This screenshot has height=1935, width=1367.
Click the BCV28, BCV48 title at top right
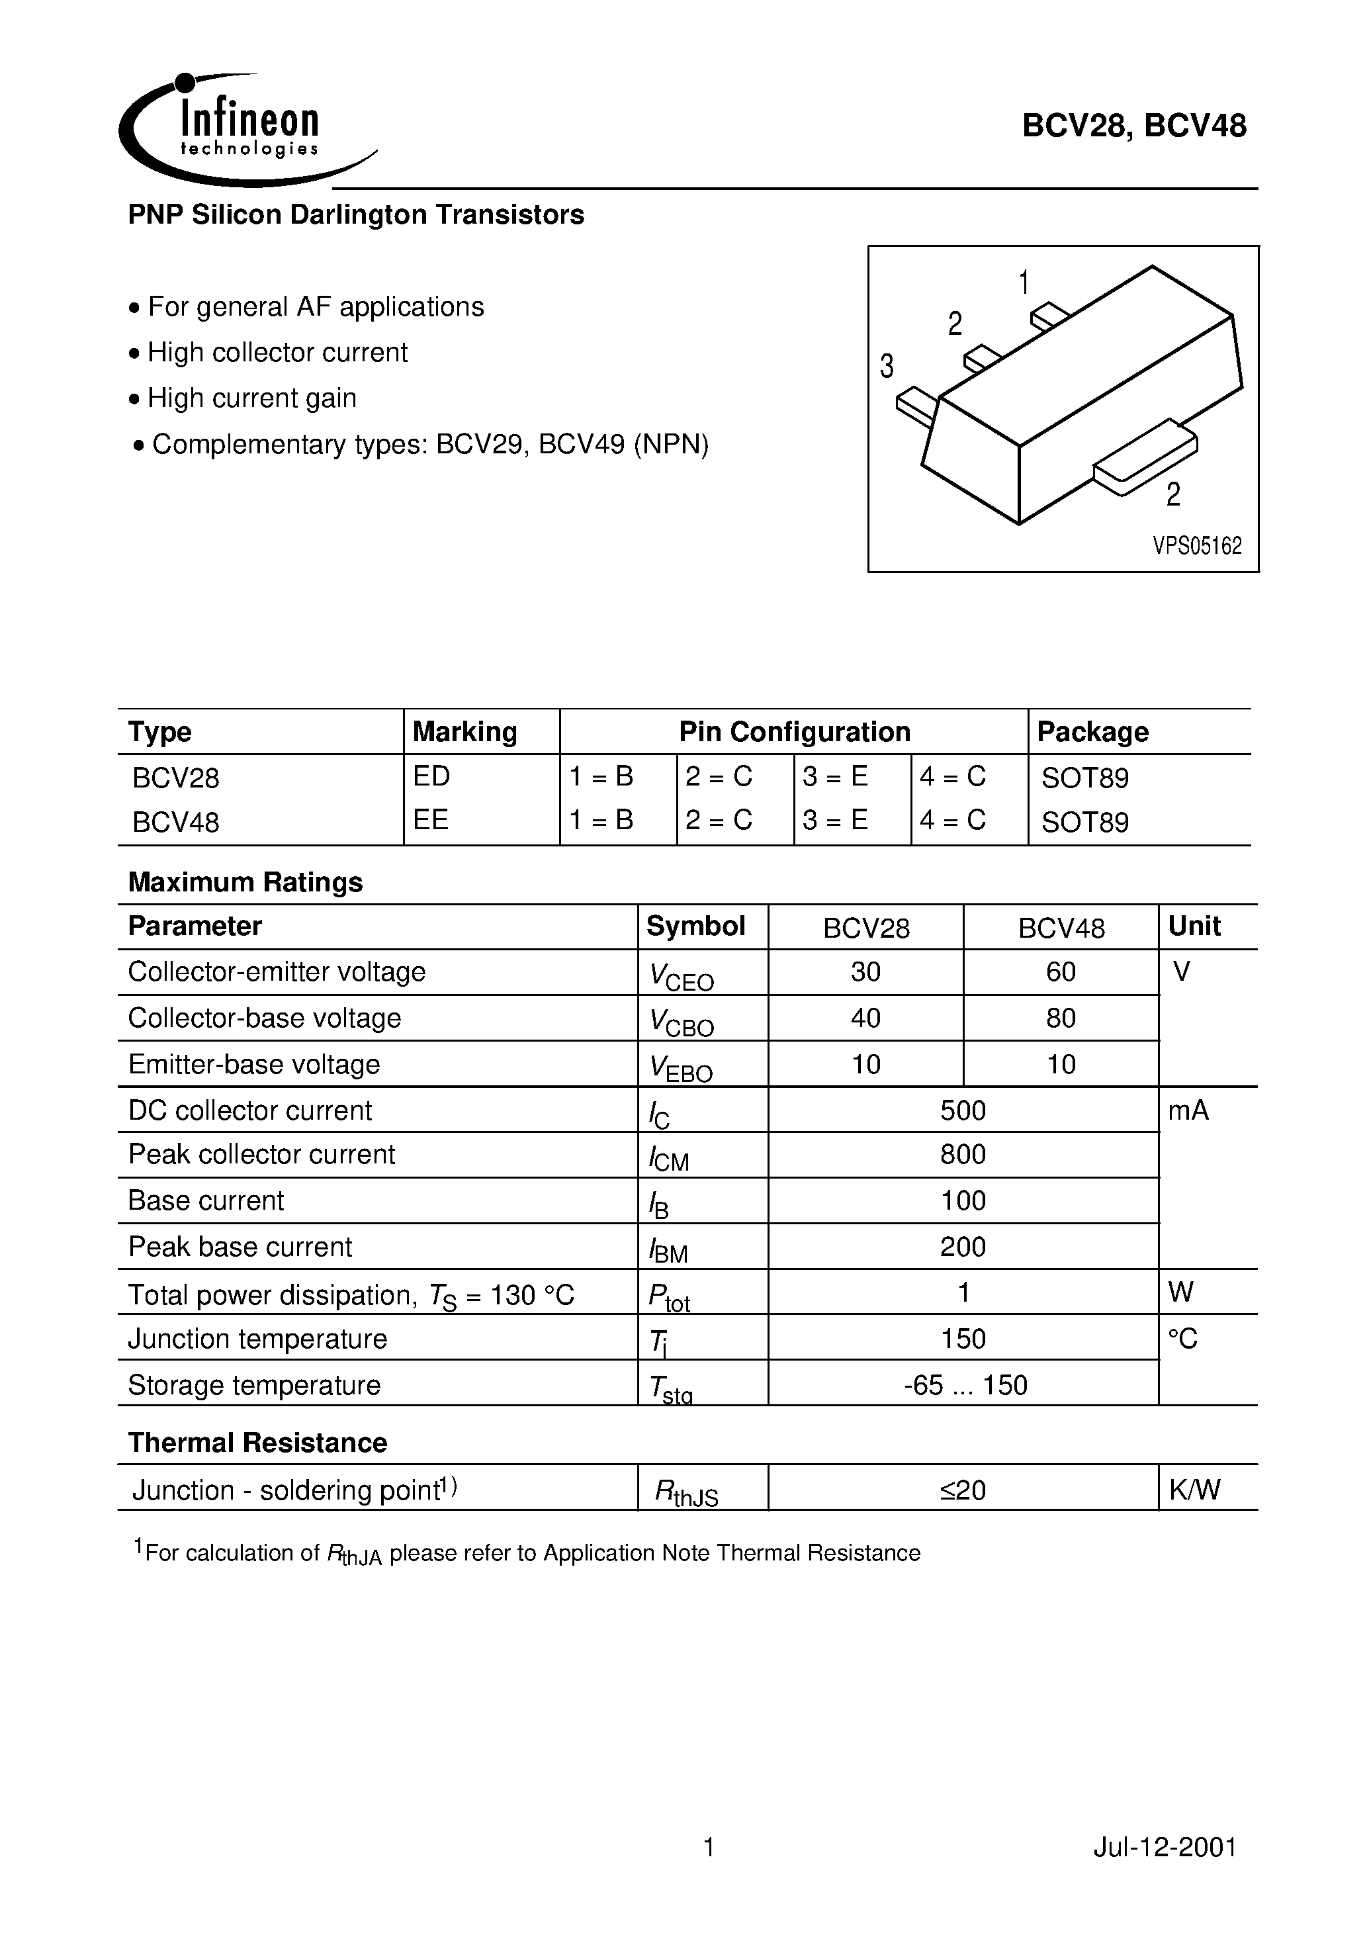[1133, 126]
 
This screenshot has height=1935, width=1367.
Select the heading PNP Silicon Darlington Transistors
[356, 215]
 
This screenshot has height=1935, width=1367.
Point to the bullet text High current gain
[251, 398]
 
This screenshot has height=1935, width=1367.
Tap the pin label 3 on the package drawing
[887, 367]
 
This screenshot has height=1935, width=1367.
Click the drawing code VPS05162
[1197, 546]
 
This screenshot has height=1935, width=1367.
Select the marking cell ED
[431, 776]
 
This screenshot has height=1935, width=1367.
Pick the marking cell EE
[431, 820]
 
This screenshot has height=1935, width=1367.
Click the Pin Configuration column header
[794, 731]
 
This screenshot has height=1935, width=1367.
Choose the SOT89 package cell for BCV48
[1084, 822]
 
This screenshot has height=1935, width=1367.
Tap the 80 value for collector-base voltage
[1060, 1018]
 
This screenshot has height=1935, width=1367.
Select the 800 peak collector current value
[963, 1155]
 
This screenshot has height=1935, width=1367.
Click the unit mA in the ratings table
[1188, 1110]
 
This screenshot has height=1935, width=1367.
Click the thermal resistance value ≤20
[963, 1490]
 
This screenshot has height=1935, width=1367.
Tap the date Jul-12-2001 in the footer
[1165, 1848]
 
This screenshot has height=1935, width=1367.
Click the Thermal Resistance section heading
[257, 1443]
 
